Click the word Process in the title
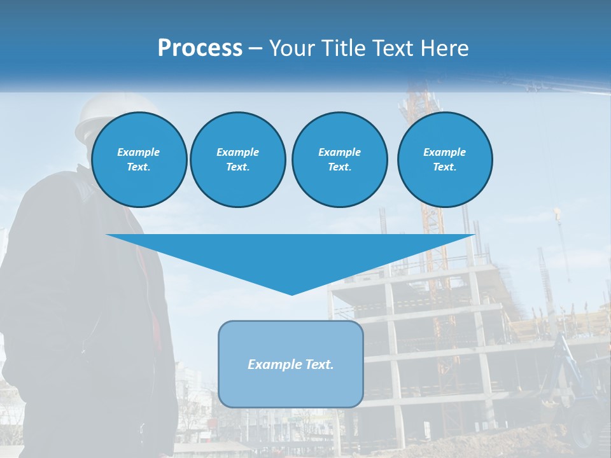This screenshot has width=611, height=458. coord(200,48)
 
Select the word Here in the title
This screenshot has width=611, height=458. coord(443,48)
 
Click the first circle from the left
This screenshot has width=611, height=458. coord(139,160)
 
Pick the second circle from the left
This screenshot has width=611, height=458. coord(237,160)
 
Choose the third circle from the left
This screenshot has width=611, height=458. coord(339,160)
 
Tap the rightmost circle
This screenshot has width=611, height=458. coord(445,160)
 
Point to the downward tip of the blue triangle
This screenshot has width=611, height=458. coord(291,293)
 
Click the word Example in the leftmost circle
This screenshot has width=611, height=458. coord(139,152)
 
